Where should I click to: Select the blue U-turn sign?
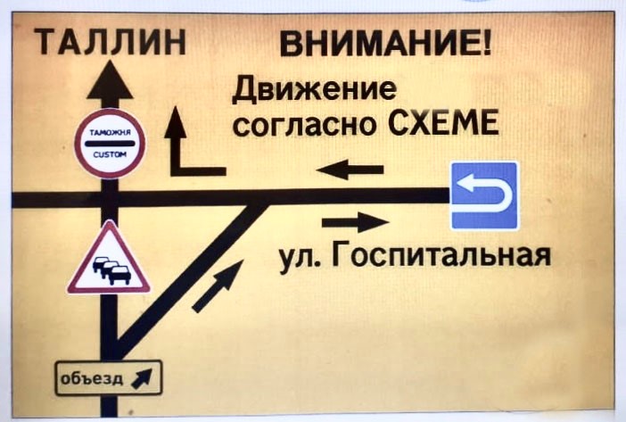point(483,196)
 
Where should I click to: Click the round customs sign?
point(111,144)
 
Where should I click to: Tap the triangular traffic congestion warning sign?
point(109,261)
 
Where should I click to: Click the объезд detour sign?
point(109,378)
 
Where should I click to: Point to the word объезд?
point(92,378)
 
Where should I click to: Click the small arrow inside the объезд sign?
point(143,379)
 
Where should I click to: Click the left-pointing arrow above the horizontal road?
point(350,169)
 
